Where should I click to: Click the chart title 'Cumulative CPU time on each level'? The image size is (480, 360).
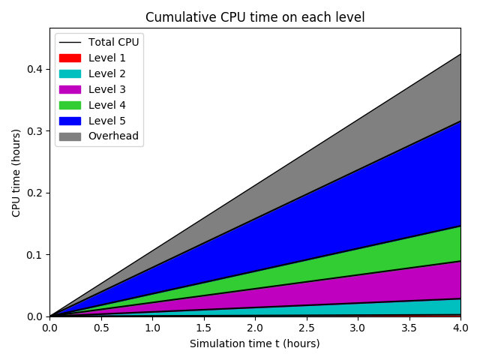[x=255, y=17]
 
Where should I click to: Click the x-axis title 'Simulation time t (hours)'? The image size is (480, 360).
[x=255, y=343]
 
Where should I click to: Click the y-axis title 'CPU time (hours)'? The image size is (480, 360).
[x=16, y=172]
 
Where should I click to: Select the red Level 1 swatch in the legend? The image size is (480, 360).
[x=69, y=58]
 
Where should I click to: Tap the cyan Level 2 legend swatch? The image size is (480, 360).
[x=69, y=73]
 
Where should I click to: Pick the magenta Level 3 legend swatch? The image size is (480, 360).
[x=69, y=89]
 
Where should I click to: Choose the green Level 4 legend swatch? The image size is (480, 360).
[x=69, y=105]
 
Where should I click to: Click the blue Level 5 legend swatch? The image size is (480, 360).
[x=69, y=121]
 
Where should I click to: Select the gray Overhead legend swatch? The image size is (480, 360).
[x=69, y=136]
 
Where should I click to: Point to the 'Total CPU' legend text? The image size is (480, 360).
[x=113, y=42]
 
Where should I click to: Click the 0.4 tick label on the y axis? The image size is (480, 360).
[x=34, y=70]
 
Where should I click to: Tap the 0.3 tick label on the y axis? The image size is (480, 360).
[x=34, y=131]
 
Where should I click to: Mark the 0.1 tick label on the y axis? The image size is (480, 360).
[x=34, y=255]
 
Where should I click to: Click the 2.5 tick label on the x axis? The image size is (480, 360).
[x=307, y=328]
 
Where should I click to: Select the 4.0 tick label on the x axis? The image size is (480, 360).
[x=460, y=328]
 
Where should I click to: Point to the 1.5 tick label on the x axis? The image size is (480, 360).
[x=204, y=328]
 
